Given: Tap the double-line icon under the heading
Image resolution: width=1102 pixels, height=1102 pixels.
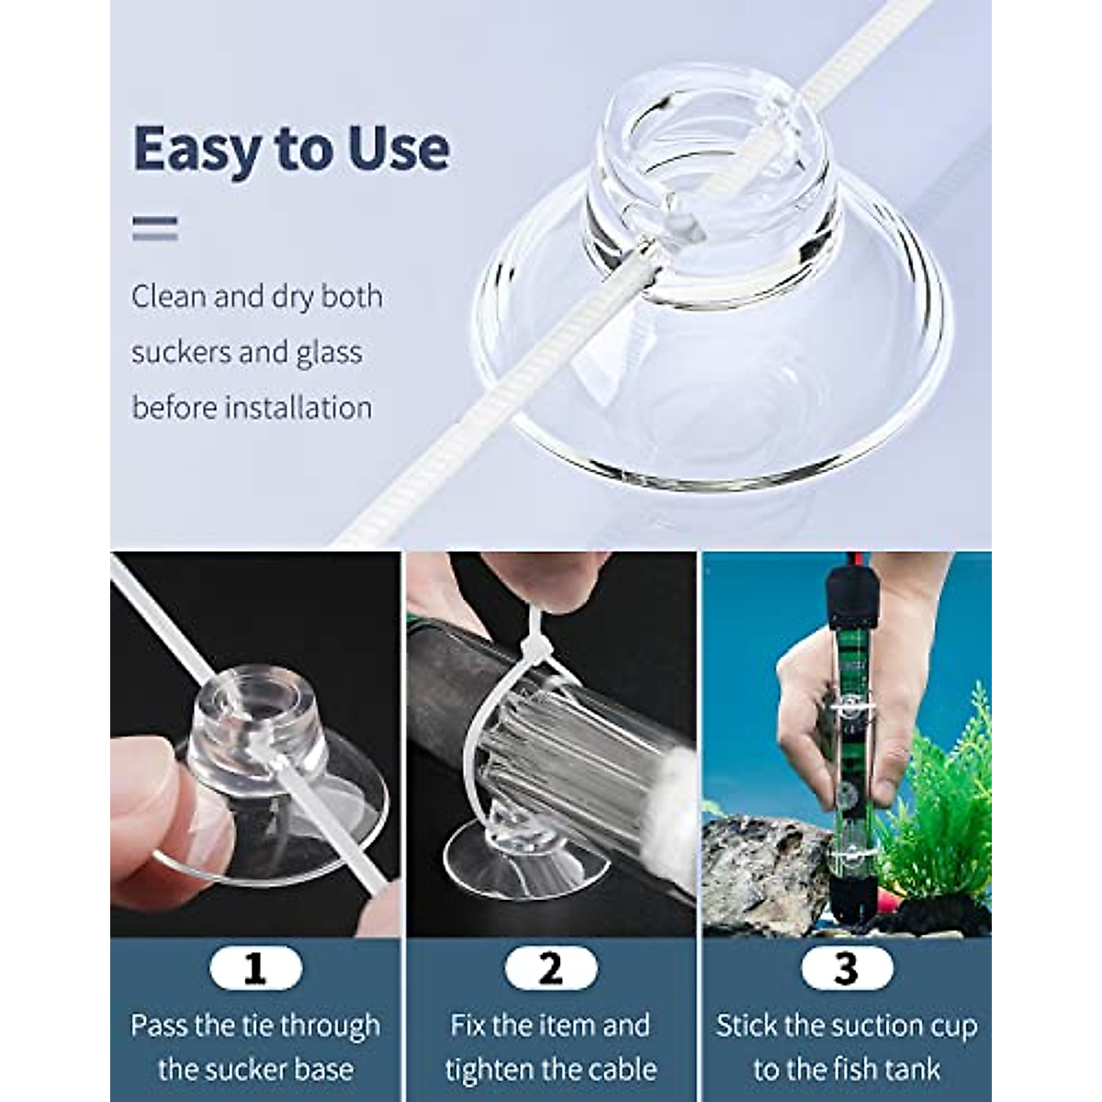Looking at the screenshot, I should click(x=154, y=228).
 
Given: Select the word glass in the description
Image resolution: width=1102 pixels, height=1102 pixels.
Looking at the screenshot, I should click(x=328, y=353).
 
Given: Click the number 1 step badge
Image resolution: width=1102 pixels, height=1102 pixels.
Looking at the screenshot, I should click(x=254, y=968).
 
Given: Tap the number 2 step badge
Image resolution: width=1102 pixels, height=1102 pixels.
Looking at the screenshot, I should click(x=550, y=968).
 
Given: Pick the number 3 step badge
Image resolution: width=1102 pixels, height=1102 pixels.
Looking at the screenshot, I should click(x=846, y=968).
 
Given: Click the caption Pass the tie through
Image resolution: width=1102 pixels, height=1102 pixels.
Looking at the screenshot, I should click(x=255, y=1025).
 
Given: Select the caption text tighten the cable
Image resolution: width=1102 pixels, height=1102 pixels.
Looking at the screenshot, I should click(x=551, y=1069).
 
